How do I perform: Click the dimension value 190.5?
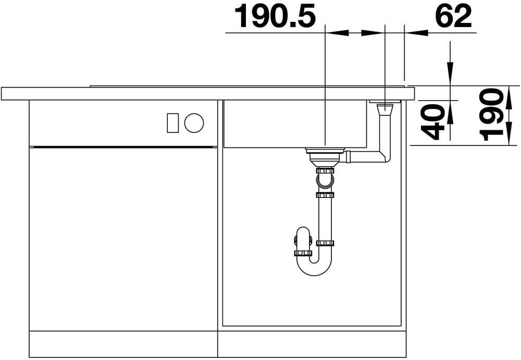(x=275, y=16)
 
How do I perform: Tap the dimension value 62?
(x=454, y=16)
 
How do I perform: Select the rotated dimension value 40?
(x=432, y=122)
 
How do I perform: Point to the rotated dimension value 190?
(x=490, y=115)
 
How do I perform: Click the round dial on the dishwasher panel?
(x=194, y=123)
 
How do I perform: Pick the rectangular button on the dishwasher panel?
(x=173, y=123)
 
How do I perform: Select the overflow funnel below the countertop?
(x=385, y=109)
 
